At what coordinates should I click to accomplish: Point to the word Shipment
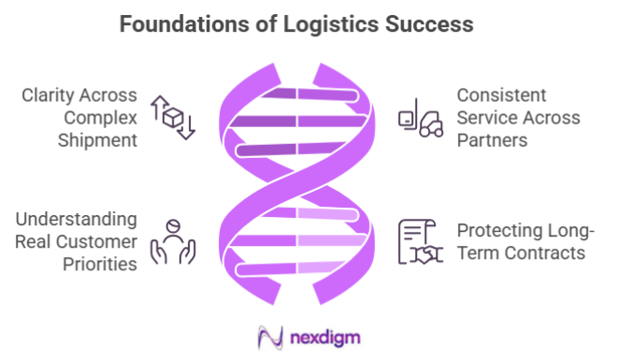coord(96,141)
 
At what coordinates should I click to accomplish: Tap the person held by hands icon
coord(172,242)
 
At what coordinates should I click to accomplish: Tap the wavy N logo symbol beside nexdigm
coord(271,336)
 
